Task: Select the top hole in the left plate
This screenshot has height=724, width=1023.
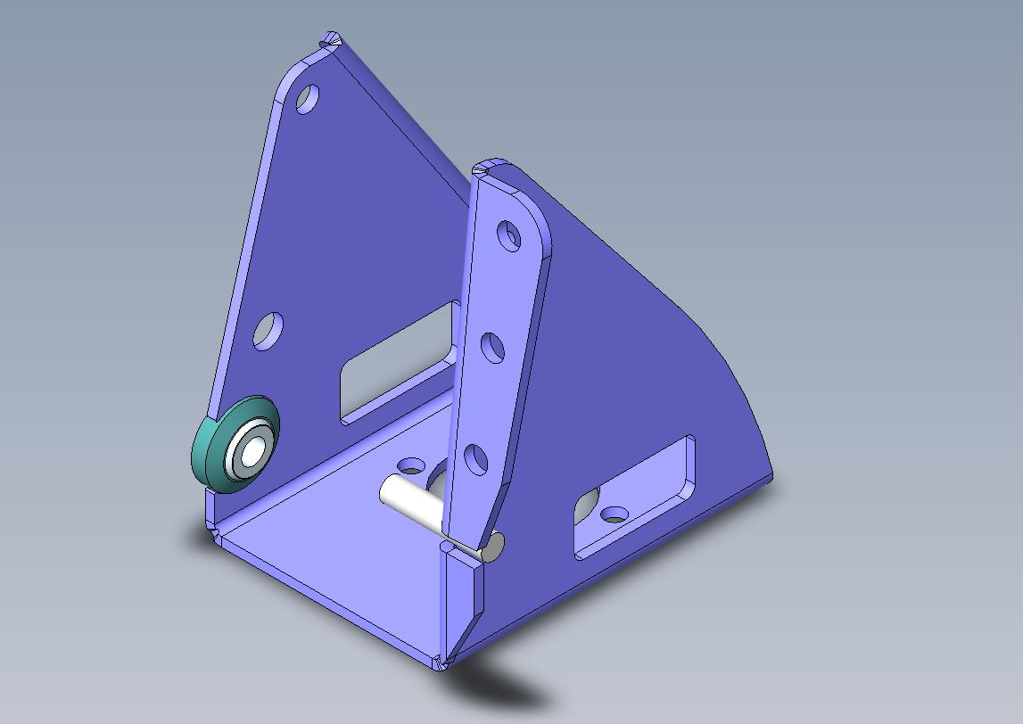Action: [307, 99]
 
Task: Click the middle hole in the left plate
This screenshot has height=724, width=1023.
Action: [268, 331]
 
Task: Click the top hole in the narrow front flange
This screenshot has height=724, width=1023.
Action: [509, 236]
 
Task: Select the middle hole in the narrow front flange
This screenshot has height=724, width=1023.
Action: [492, 348]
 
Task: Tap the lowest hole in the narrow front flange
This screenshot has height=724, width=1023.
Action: [477, 460]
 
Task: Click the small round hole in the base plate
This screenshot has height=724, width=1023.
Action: [412, 465]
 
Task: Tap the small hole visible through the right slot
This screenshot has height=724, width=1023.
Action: [615, 514]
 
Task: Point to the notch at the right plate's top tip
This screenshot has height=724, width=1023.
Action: [482, 166]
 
